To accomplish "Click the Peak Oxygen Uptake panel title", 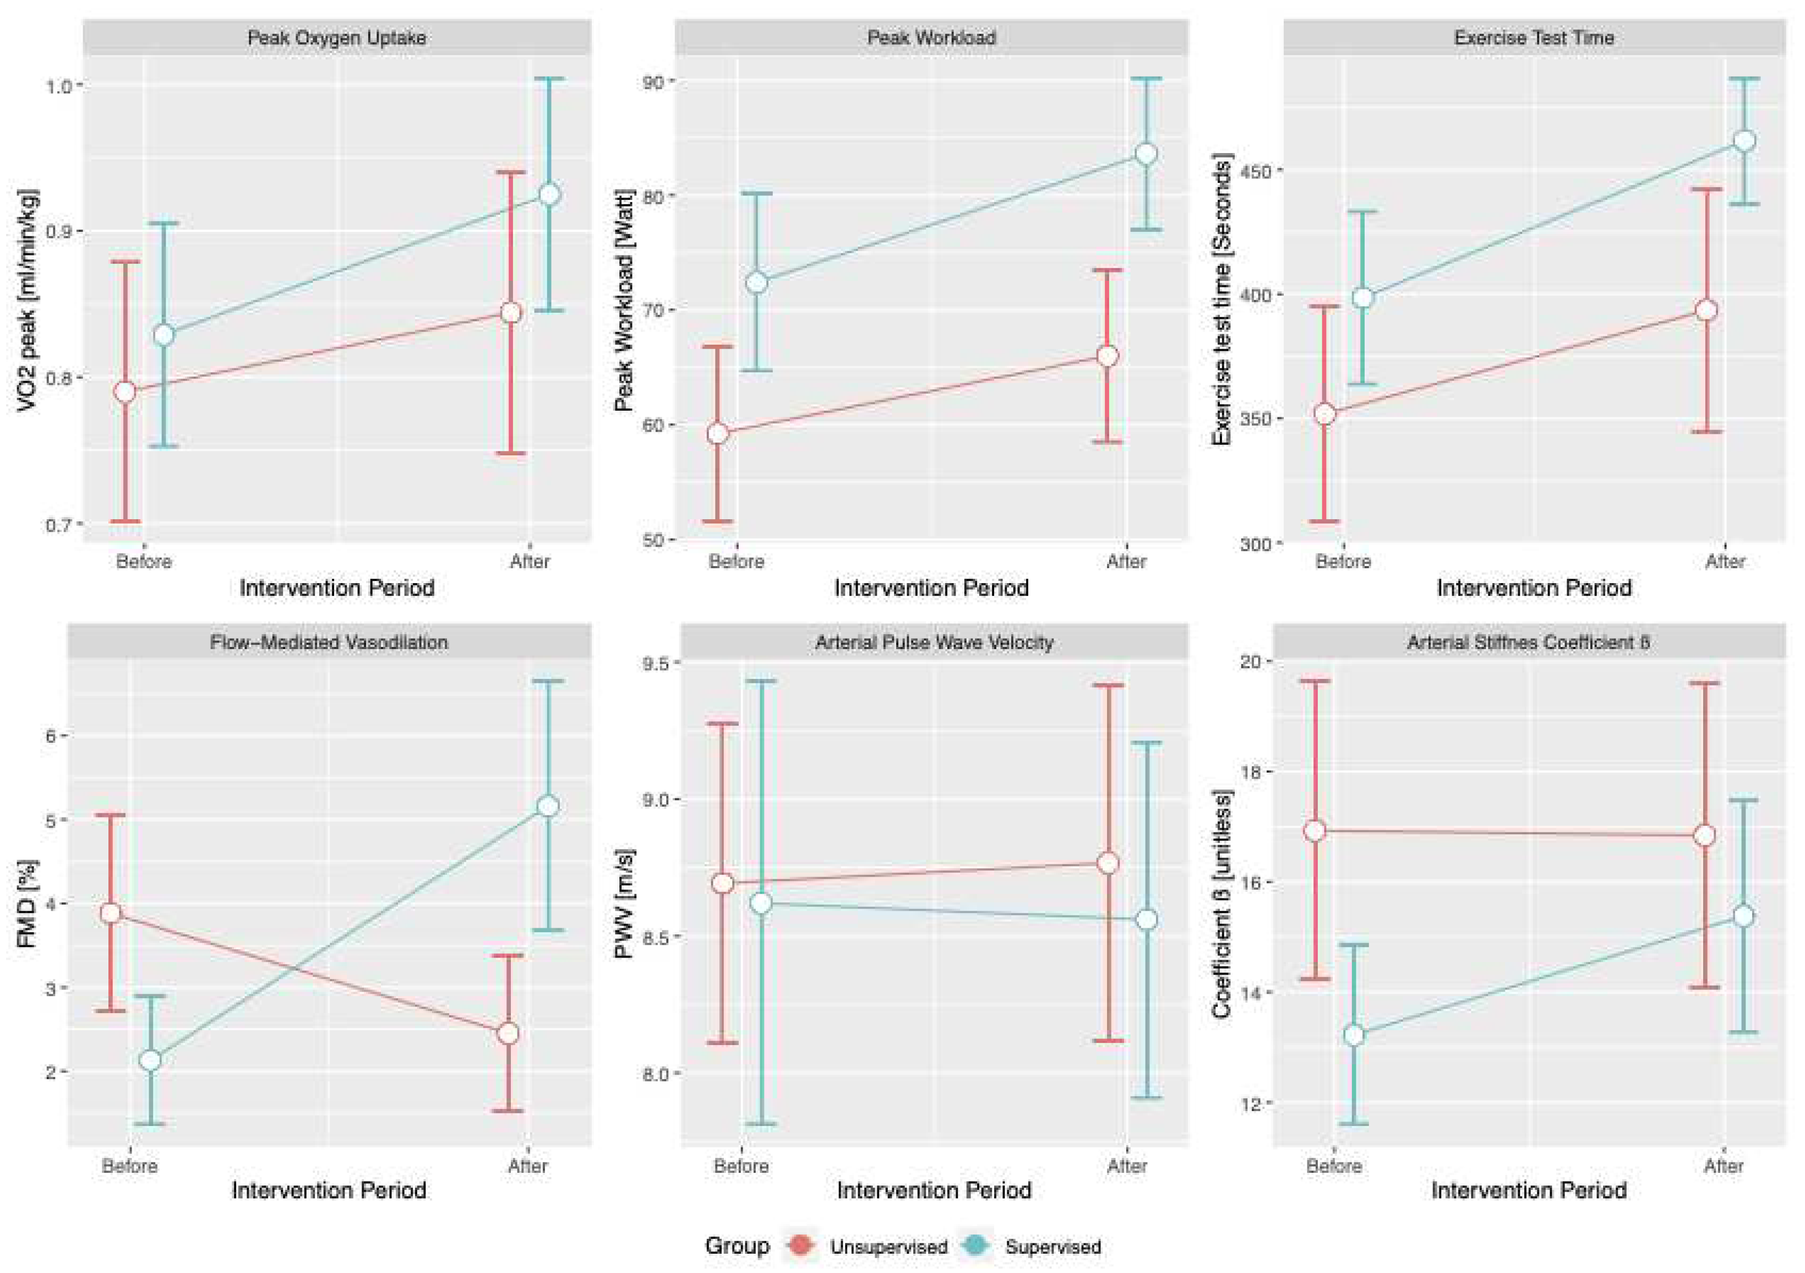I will click(x=336, y=38).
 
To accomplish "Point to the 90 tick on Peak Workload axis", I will click(x=653, y=82).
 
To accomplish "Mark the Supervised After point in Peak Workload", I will click(x=1146, y=153).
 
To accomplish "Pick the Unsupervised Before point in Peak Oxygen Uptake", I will click(x=125, y=391).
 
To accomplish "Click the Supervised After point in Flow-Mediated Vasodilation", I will click(x=547, y=806).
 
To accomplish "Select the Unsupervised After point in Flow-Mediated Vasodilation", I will click(x=508, y=1033).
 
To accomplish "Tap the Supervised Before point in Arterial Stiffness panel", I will click(x=1354, y=1036).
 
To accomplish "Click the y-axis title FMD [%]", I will click(x=27, y=904).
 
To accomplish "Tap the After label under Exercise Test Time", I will click(x=1724, y=562).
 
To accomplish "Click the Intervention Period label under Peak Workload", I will click(x=931, y=588).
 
